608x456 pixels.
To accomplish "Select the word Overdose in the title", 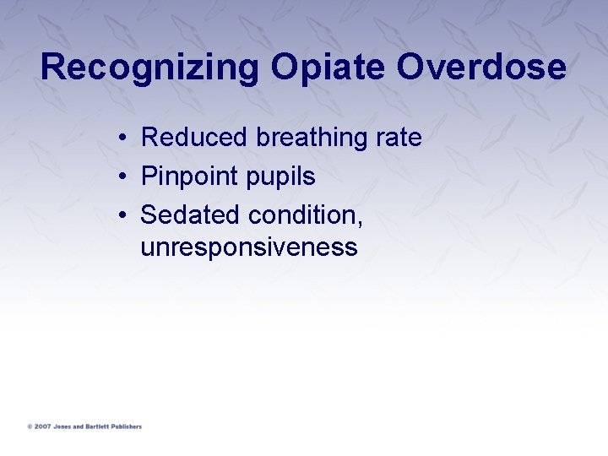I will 482,68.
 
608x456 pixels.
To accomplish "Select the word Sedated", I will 191,215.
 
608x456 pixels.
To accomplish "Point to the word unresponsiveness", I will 249,247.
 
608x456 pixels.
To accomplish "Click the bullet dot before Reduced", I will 123,138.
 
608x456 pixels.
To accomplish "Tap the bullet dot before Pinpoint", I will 123,177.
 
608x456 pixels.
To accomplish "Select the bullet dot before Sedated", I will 123,216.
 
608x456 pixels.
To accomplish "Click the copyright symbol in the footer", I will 30,426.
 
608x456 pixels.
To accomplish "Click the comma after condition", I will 361,222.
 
